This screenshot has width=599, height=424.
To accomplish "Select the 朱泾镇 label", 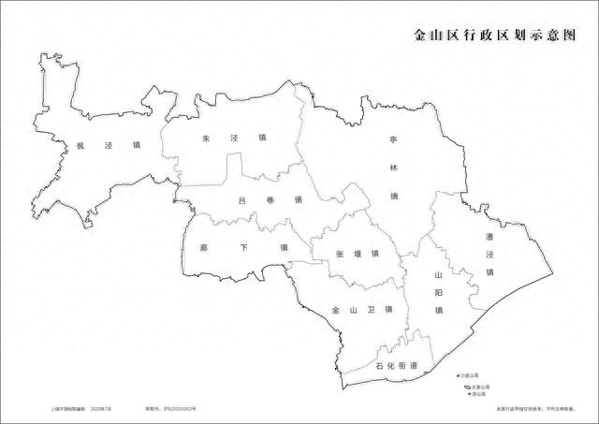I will pos(234,139).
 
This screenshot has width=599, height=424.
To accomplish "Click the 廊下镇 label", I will pos(243,248).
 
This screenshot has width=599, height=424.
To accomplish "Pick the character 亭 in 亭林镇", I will pos(394,139).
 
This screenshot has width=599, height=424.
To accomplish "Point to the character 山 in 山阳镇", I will pos(437,276).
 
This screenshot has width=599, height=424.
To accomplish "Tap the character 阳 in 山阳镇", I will pos(437,294).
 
